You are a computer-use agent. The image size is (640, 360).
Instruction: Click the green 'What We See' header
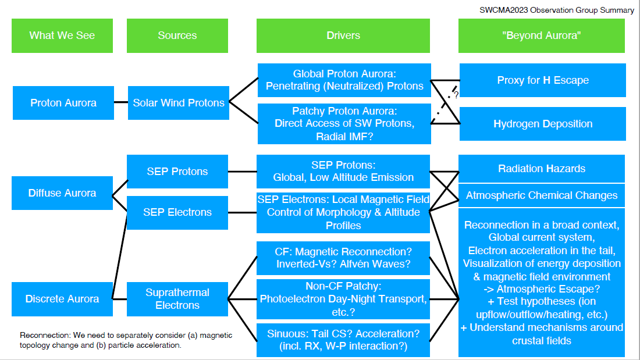tap(62, 35)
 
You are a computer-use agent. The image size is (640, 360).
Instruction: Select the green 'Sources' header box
tap(177, 35)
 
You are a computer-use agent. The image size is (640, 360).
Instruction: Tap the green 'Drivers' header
tap(343, 35)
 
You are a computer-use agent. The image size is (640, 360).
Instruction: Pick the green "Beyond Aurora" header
tap(542, 35)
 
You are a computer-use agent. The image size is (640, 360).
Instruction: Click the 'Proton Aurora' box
tap(63, 103)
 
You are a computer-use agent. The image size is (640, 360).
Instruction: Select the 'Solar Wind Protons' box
tap(179, 103)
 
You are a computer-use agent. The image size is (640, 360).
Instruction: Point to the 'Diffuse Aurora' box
tap(62, 193)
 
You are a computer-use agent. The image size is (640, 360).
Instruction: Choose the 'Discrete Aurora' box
tap(62, 299)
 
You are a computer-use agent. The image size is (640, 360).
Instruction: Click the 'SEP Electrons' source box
tap(177, 213)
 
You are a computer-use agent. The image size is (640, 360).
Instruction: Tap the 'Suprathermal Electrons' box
tap(177, 299)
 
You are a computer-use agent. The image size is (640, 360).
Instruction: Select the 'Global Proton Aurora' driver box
tap(344, 80)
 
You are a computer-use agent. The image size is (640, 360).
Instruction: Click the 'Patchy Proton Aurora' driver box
tap(344, 124)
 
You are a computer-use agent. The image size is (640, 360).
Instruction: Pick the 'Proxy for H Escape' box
tap(543, 80)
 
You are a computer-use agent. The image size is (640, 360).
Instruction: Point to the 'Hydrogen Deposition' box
tap(543, 124)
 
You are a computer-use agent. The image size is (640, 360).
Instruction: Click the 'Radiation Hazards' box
tap(542, 169)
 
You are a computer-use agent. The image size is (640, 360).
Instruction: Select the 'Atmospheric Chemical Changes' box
tap(542, 195)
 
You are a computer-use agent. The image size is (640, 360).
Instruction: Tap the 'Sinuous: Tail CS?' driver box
tap(343, 340)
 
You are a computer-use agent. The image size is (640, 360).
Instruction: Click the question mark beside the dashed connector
tap(456, 95)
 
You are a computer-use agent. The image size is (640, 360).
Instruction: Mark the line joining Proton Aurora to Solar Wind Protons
tap(121, 102)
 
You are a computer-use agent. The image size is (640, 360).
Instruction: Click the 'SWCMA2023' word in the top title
tap(504, 10)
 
